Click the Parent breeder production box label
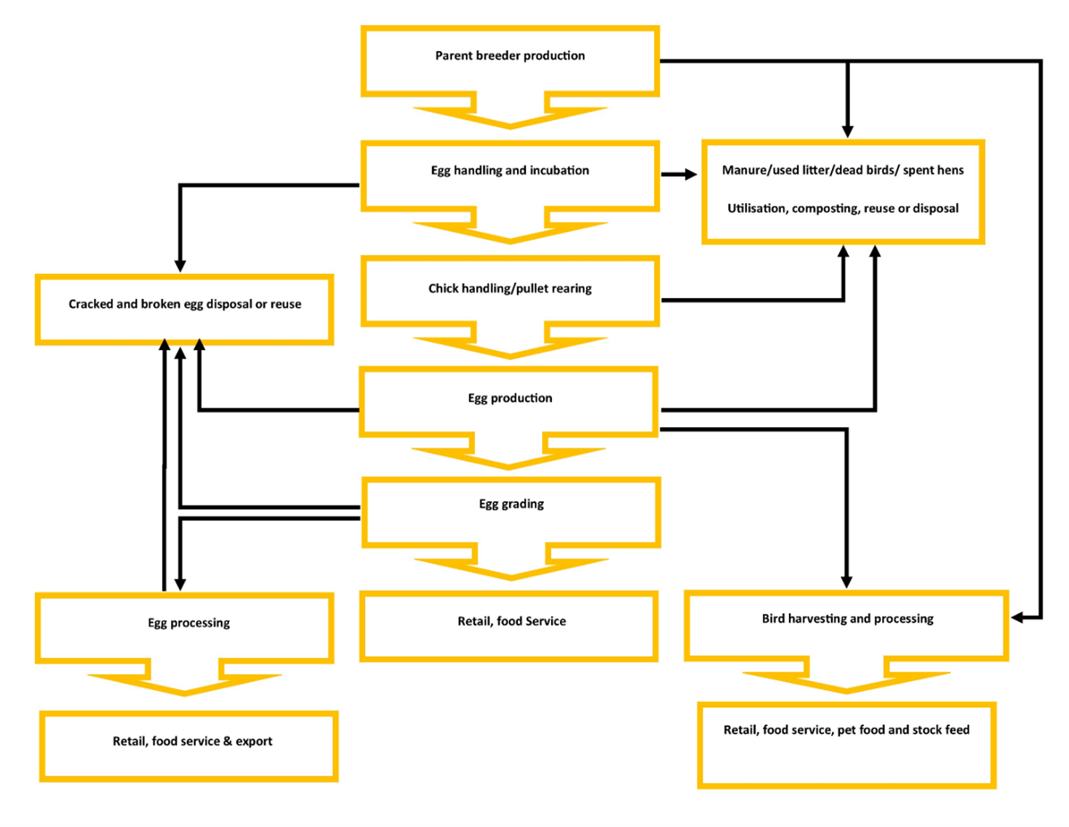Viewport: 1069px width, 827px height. click(x=510, y=56)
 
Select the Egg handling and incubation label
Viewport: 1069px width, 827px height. click(x=510, y=170)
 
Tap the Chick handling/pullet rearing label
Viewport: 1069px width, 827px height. click(x=510, y=289)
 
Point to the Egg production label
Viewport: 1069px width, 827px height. click(x=510, y=398)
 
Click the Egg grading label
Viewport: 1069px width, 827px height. click(x=511, y=504)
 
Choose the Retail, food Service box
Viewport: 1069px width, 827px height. click(x=511, y=621)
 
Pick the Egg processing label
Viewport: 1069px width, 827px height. click(x=188, y=623)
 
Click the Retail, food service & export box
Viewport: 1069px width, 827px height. click(x=192, y=741)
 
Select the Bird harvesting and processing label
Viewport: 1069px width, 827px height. click(x=847, y=619)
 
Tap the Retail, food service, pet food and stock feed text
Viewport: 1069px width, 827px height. click(x=846, y=730)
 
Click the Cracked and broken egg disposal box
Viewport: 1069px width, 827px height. click(x=185, y=304)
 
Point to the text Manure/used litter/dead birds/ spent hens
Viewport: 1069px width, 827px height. click(x=842, y=170)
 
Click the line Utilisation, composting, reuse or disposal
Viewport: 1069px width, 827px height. click(x=842, y=209)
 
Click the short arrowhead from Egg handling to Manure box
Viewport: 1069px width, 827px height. click(x=689, y=175)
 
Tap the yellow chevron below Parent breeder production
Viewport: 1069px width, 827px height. click(x=510, y=116)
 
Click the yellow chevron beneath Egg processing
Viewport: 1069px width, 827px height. click(x=185, y=684)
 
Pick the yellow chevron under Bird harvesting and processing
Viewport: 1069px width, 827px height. click(x=846, y=682)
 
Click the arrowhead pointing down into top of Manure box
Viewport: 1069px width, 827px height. click(x=847, y=131)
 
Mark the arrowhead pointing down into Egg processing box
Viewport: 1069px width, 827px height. click(x=180, y=584)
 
